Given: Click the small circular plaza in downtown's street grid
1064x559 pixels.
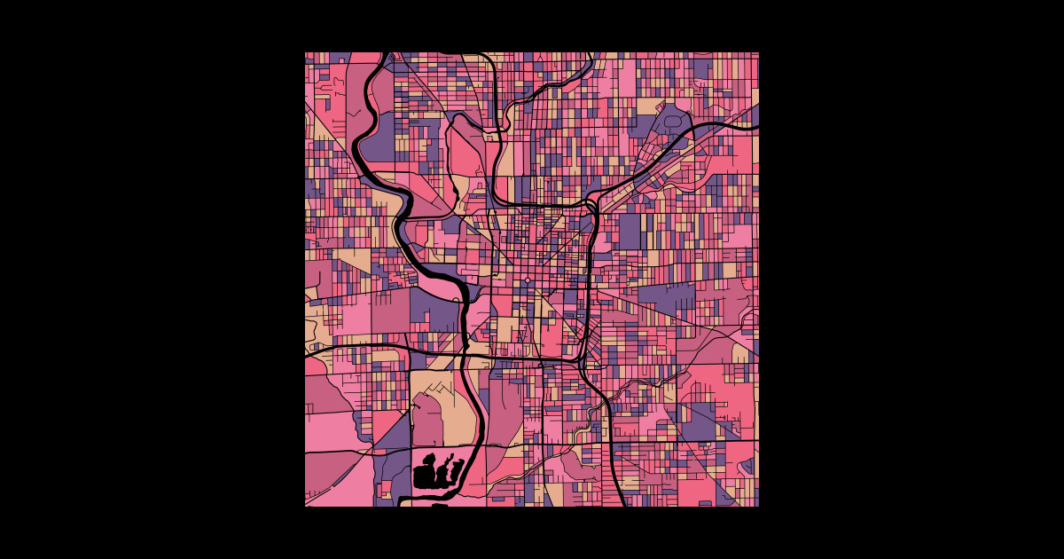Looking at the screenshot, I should click(528, 280).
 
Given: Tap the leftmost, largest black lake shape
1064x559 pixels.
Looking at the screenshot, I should click(426, 476).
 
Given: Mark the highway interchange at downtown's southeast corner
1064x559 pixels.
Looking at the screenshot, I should click(579, 359).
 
